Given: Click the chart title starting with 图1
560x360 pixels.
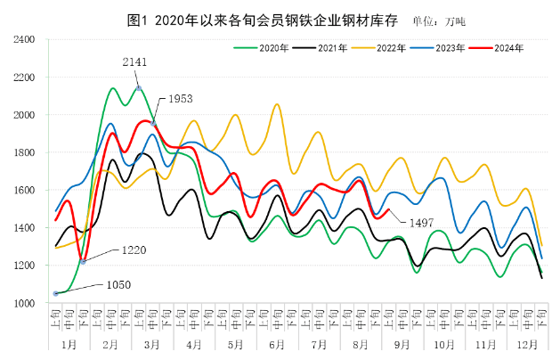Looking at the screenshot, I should coord(258,19).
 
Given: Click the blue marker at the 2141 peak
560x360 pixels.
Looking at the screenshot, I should coord(138,87).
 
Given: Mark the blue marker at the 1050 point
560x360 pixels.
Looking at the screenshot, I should coord(56,293).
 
